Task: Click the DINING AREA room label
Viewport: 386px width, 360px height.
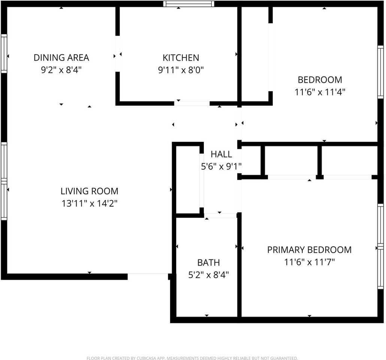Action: [61, 58]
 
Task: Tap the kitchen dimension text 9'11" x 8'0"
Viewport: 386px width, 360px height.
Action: [181, 70]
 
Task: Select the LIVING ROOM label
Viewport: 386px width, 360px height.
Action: [89, 191]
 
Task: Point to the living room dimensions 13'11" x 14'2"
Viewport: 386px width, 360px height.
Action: [89, 203]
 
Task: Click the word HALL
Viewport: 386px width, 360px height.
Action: [221, 154]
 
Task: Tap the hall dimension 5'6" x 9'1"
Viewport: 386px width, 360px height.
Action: [221, 166]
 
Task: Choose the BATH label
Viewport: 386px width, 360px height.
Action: [208, 262]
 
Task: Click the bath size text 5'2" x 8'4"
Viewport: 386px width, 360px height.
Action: [208, 274]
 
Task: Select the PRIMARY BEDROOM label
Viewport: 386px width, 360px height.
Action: [309, 250]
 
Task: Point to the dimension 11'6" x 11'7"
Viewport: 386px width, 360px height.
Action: [309, 262]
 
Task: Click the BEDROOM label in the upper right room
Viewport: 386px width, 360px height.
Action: [320, 80]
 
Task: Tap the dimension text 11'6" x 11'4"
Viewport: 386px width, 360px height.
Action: [320, 92]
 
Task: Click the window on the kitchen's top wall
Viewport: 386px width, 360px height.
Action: [189, 4]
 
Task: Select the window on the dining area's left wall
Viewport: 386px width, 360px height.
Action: [4, 53]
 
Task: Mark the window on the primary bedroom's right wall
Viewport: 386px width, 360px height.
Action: [380, 246]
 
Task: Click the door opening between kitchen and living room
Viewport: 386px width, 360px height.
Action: [192, 103]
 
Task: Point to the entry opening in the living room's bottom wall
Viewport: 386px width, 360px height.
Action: [148, 276]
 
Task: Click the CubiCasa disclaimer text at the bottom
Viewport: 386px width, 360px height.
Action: [192, 358]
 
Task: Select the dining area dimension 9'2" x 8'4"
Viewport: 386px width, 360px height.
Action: [61, 70]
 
